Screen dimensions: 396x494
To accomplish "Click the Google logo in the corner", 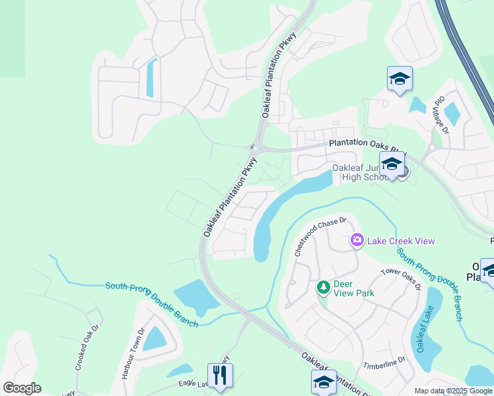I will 22,388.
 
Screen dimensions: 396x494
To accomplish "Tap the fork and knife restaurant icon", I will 220,375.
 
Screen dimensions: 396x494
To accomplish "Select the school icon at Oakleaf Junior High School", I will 392,164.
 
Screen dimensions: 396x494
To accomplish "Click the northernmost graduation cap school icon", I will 400,79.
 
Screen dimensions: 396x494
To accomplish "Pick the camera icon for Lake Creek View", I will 357,240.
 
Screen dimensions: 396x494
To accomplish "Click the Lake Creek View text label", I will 402,241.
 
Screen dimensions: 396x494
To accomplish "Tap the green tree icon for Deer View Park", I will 323,287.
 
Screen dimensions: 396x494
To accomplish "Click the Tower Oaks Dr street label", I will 400,279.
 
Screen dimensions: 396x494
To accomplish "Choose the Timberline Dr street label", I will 382,363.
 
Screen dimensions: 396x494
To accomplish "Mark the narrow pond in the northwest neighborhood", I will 151,77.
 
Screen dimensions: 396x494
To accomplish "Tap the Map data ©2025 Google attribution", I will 452,391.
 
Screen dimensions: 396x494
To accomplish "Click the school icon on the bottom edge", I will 324,383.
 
